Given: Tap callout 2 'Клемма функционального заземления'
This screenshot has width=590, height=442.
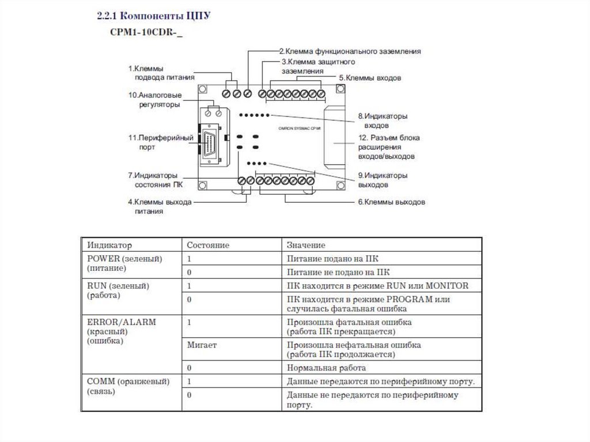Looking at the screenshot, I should coord(350,51).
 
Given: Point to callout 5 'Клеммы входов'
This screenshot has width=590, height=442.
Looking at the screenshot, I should coord(369,77).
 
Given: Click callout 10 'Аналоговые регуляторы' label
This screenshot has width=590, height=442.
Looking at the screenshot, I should coord(156,99).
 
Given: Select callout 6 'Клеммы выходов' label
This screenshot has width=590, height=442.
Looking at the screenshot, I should coord(391,202).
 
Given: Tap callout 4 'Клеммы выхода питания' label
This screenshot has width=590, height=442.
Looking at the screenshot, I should coord(159,207).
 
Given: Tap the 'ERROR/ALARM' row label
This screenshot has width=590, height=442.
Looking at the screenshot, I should coord(121,322).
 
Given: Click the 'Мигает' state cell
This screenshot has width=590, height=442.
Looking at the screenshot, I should coord(202,345).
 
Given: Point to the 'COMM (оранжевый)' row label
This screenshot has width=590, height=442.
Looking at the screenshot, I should coord(128,381).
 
